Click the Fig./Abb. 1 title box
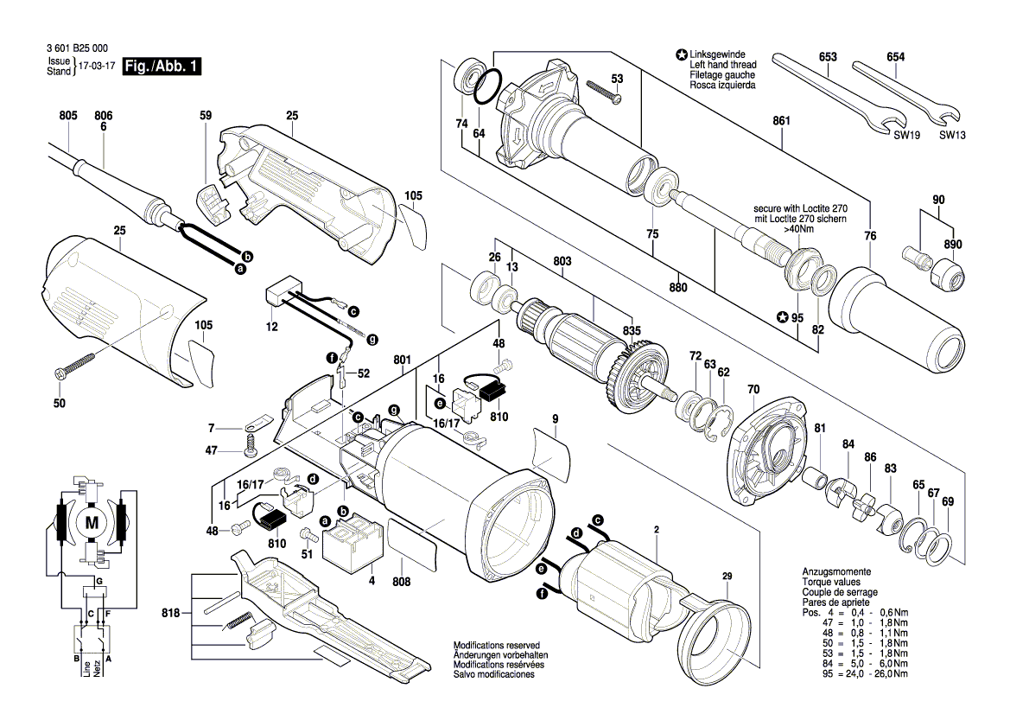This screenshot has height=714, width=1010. click(162, 66)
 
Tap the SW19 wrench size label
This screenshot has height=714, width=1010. click(906, 136)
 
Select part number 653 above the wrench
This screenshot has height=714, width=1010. click(828, 57)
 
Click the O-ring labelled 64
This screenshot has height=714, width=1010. click(487, 87)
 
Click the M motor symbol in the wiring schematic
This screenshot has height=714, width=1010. click(92, 523)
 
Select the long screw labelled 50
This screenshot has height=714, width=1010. click(76, 364)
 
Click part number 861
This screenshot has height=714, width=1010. click(781, 120)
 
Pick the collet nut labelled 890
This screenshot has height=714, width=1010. click(945, 274)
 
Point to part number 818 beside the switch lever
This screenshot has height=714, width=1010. click(171, 614)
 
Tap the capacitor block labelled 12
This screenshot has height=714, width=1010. click(284, 295)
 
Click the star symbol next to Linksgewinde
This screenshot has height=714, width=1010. click(681, 55)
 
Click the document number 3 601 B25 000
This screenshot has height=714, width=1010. click(77, 48)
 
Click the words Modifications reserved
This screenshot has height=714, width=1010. click(497, 645)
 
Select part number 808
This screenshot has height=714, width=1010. click(401, 582)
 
